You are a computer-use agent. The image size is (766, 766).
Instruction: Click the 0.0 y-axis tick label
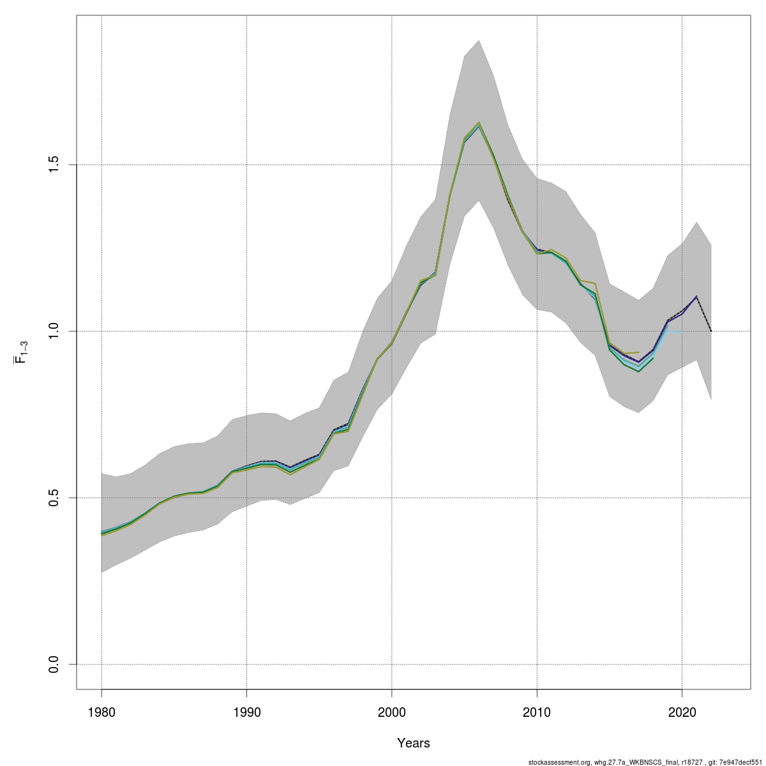pyautogui.click(x=54, y=665)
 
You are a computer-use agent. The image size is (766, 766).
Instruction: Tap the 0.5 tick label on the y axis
pyautogui.click(x=54, y=498)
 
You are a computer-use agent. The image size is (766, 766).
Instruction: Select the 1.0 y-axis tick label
pyautogui.click(x=54, y=331)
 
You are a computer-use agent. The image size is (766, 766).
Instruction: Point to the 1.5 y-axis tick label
pyautogui.click(x=54, y=165)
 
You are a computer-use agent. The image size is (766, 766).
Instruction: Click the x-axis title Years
pyautogui.click(x=414, y=743)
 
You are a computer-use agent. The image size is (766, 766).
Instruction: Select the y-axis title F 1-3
pyautogui.click(x=21, y=352)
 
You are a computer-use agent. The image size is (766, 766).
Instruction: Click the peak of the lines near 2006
pyautogui.click(x=479, y=123)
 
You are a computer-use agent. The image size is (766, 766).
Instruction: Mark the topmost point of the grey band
pyautogui.click(x=479, y=40)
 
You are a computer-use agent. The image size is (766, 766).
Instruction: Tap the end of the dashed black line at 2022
pyautogui.click(x=711, y=331)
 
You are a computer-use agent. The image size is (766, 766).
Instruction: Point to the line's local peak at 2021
pyautogui.click(x=696, y=296)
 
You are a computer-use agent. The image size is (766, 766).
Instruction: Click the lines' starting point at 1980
pyautogui.click(x=101, y=533)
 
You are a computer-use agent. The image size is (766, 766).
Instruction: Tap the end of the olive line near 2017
pyautogui.click(x=638, y=352)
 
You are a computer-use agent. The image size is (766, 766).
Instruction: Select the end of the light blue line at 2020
pyautogui.click(x=682, y=331)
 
